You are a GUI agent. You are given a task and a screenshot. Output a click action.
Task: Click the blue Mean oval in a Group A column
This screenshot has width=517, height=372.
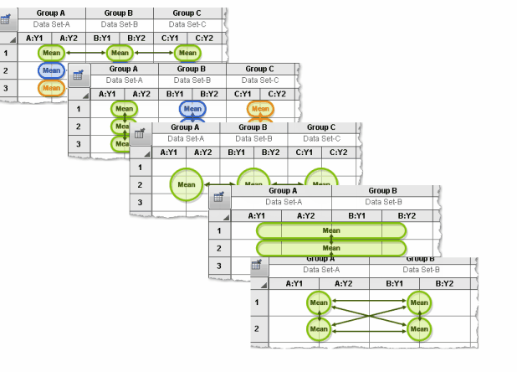(x=51, y=70)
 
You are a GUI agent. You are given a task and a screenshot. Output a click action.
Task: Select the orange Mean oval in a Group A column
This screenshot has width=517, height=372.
(x=51, y=87)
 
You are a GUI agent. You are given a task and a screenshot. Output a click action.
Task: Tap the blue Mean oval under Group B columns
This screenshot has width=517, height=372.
(x=192, y=109)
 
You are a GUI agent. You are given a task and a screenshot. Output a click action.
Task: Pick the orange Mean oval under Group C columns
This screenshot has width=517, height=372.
(x=259, y=109)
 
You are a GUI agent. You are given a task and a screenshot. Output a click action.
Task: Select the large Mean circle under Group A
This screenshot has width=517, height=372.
(x=186, y=184)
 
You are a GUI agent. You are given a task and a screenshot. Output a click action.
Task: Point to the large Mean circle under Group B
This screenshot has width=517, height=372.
(x=253, y=184)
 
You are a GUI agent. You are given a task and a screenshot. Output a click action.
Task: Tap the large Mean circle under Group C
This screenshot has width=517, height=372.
(x=320, y=184)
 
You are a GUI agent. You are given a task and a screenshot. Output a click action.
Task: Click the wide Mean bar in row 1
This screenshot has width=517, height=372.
(x=331, y=230)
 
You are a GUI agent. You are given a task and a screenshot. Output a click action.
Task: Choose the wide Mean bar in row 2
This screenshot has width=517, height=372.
(x=331, y=248)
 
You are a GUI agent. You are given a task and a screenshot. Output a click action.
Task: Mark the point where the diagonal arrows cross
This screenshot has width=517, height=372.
(x=368, y=316)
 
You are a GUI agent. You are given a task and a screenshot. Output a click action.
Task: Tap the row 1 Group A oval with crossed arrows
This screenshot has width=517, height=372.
(x=319, y=302)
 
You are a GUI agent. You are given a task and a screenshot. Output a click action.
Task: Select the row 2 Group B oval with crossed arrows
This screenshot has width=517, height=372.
(x=418, y=329)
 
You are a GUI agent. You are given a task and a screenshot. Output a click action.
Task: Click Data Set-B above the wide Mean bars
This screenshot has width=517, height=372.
(x=381, y=202)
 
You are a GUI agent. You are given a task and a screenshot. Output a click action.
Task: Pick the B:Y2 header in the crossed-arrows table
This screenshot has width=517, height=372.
(x=443, y=284)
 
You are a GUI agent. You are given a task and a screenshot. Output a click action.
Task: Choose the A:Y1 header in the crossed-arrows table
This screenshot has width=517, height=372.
(x=294, y=284)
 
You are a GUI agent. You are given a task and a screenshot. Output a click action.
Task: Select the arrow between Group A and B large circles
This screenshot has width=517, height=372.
(x=220, y=184)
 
